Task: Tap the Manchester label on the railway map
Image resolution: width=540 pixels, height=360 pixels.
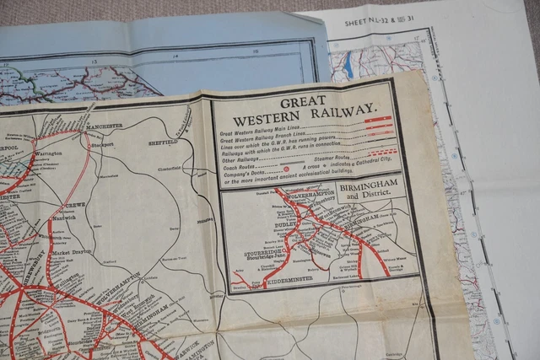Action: [101, 126]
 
